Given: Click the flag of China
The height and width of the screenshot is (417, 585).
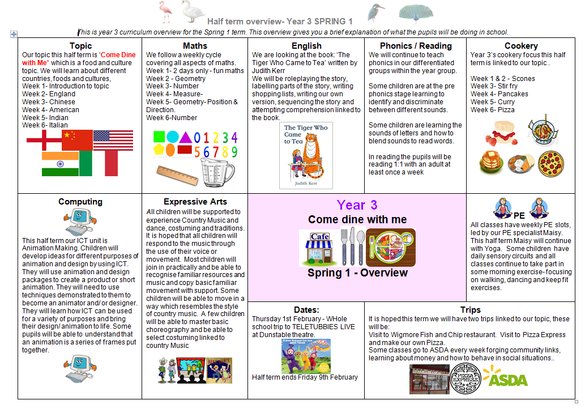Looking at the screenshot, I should click(77, 139).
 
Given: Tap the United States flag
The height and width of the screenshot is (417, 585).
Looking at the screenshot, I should click(113, 139).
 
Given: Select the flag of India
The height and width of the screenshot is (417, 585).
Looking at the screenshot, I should click(60, 163).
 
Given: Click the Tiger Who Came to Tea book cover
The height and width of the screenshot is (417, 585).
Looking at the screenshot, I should click(306, 155).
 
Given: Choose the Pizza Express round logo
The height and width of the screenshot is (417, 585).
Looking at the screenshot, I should click(466, 378).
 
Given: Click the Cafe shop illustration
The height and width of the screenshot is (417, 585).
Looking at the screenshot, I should click(319, 248).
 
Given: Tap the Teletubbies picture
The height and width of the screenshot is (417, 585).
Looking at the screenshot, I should click(306, 356).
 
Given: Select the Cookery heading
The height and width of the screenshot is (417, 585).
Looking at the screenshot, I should click(521, 46).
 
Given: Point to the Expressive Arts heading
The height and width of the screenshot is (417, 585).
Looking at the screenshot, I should click(195, 202).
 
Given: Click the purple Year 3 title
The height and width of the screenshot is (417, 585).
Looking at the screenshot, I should click(357, 205).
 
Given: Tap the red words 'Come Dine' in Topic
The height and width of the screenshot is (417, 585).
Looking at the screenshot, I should click(117, 55).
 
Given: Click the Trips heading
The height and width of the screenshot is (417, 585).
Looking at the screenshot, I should click(471, 310).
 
